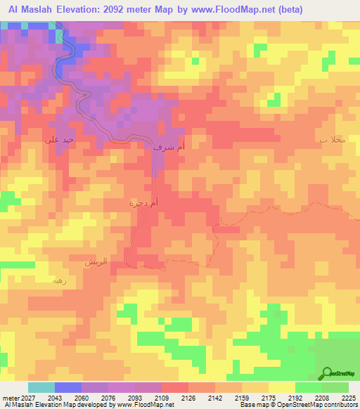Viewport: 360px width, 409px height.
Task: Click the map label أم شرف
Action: (x=169, y=148)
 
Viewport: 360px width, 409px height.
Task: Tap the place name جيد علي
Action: (x=57, y=140)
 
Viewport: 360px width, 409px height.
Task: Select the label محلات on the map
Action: (x=333, y=139)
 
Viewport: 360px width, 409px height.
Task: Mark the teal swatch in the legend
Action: (x=41, y=387)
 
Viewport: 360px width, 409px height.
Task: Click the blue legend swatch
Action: (x=67, y=387)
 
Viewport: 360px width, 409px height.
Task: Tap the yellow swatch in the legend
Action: (x=281, y=387)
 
